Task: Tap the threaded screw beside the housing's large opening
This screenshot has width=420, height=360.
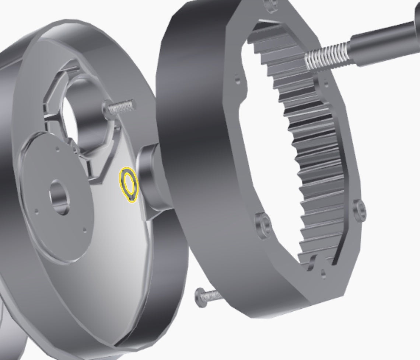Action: (x=120, y=107)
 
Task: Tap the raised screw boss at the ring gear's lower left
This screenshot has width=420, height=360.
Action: (x=262, y=224)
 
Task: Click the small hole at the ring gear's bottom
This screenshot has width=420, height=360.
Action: (x=323, y=273)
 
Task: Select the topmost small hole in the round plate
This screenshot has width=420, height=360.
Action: (x=57, y=149)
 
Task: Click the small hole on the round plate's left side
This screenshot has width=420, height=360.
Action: (x=36, y=211)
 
